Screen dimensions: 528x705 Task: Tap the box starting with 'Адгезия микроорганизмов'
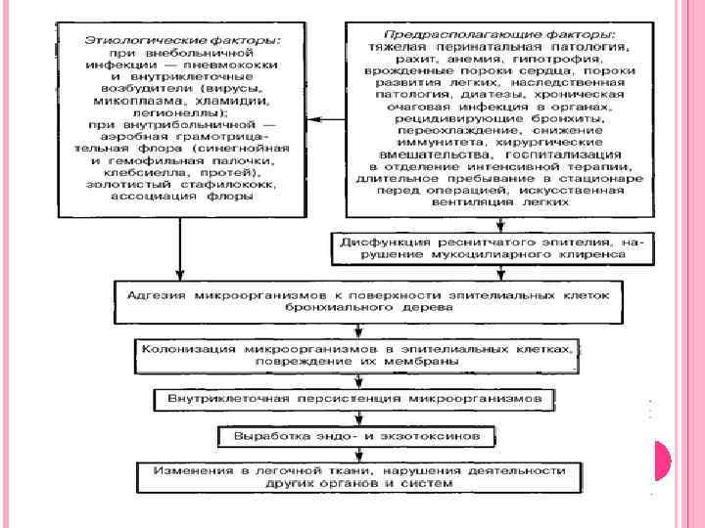point(361,300)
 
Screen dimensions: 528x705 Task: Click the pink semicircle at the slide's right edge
point(662,460)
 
